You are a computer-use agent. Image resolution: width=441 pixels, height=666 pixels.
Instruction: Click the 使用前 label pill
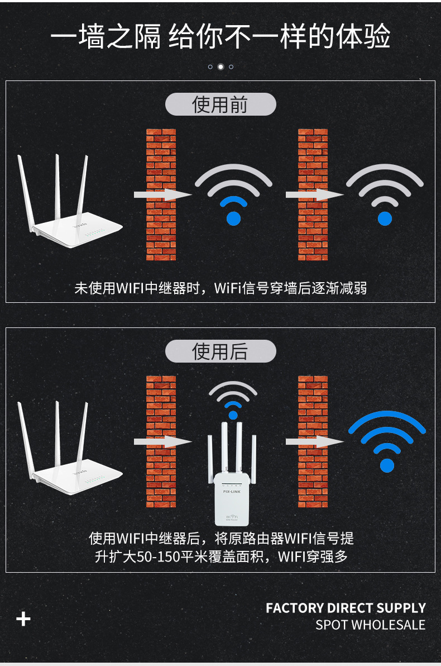click(220, 104)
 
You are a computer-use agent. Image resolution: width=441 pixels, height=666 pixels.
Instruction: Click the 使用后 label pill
click(220, 351)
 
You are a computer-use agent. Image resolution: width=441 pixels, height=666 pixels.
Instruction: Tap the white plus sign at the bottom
click(23, 619)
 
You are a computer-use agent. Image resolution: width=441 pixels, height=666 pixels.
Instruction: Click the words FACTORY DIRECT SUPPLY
click(346, 608)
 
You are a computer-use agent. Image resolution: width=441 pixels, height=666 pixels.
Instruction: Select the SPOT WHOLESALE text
click(370, 625)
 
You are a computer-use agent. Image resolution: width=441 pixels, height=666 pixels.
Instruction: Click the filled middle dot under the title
click(220, 66)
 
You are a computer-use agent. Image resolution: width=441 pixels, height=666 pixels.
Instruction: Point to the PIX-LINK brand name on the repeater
click(232, 492)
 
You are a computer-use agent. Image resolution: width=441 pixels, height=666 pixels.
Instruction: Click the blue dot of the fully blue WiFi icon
click(387, 465)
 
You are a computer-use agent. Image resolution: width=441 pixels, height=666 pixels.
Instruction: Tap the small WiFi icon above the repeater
click(233, 399)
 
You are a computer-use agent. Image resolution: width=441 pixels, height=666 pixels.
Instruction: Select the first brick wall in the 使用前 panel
click(161, 194)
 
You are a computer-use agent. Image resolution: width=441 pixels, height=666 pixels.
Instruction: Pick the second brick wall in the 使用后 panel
click(313, 442)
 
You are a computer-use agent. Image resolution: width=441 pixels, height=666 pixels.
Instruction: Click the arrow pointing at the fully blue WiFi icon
click(314, 442)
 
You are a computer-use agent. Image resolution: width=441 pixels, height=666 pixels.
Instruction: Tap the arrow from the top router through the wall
click(163, 194)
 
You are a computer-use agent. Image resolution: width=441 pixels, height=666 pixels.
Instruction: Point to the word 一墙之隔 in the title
click(106, 36)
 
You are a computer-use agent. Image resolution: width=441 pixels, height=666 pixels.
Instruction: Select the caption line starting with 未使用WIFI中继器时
click(220, 288)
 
